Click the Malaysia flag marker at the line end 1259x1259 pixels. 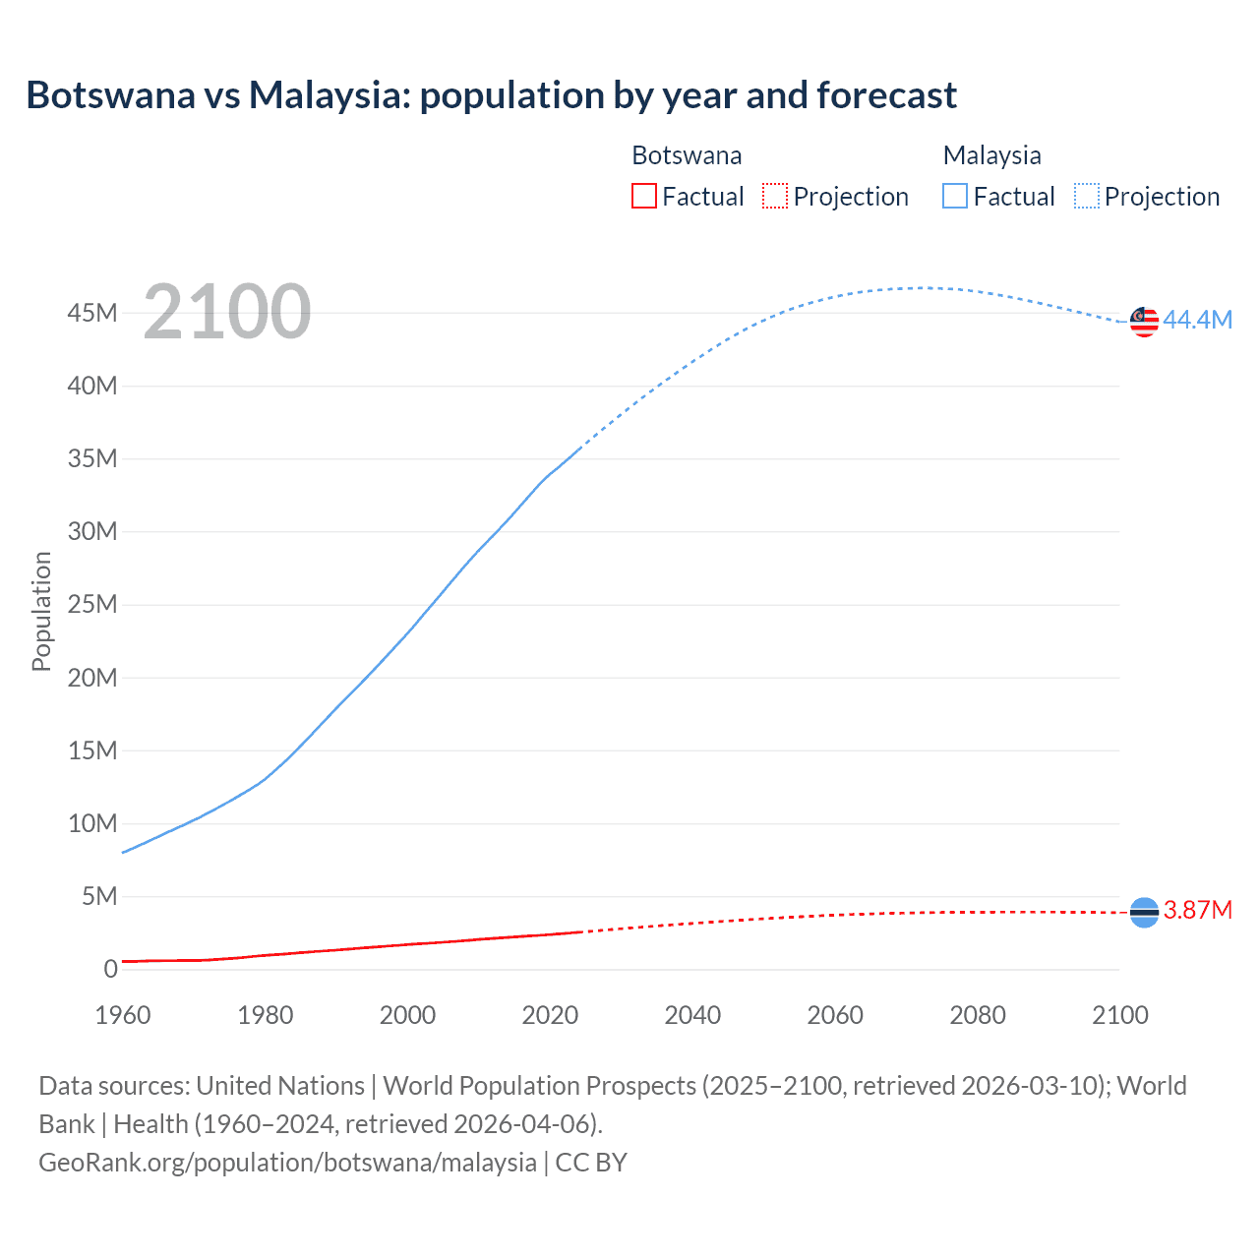coord(1144,322)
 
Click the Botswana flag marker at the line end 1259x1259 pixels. coord(1144,913)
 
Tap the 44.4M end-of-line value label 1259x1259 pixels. coord(1197,320)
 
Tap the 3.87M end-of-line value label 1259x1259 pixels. coord(1197,910)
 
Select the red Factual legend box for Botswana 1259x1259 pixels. coord(643,196)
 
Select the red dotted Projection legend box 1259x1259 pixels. coord(775,196)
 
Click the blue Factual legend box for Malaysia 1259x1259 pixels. coord(954,196)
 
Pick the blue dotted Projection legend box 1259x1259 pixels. coord(1086,196)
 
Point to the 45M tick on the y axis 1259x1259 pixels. coord(92,313)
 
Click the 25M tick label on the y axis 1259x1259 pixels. coord(92,604)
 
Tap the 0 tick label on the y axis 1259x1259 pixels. coord(110,969)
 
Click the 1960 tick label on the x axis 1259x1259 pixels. coord(123,1015)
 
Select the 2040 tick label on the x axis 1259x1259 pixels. coord(692,1015)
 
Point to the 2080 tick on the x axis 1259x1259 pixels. coord(978,1015)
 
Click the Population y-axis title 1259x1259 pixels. coord(41,611)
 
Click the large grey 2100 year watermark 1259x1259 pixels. coord(227,312)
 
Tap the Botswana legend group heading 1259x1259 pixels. coord(687,155)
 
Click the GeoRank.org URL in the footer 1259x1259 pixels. coord(287,1162)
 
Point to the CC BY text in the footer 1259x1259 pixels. coord(591,1162)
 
